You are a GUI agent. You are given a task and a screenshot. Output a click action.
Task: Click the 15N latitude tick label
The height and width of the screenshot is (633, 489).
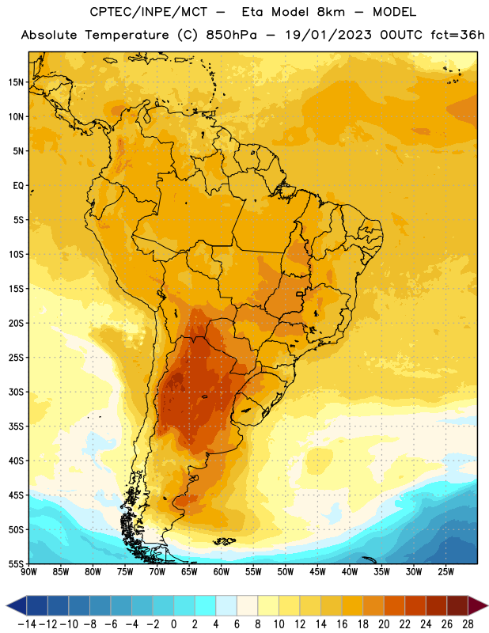pos(16,82)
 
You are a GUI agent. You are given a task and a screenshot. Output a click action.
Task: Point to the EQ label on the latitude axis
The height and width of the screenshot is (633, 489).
pos(18,186)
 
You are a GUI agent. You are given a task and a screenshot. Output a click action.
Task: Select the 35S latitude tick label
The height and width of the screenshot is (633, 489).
pos(16,426)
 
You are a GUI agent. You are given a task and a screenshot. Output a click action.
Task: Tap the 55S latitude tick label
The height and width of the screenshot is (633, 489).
pos(16,564)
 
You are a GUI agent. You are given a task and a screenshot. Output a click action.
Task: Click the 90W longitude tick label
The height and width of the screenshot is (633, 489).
pos(28,572)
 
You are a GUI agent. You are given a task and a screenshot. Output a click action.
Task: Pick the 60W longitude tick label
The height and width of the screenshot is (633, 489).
pos(222,572)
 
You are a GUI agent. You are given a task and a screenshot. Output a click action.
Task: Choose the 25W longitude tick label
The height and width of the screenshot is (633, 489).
pos(445,572)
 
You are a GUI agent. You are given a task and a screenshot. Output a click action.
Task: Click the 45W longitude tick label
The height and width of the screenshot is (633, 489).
pos(317,572)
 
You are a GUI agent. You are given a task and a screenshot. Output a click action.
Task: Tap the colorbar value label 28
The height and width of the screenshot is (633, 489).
pos(468,624)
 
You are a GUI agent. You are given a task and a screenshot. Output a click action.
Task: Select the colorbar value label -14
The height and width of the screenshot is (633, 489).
pos(27,624)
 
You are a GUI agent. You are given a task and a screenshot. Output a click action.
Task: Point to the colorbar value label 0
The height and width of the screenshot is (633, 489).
pos(173,624)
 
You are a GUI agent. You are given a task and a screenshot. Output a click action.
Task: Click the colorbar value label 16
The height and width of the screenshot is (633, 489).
pos(342,624)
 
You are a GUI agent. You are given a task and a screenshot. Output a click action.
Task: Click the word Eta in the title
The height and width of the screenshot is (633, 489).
pos(252,12)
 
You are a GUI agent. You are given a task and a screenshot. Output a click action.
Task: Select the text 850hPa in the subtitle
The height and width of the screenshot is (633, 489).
pos(231,35)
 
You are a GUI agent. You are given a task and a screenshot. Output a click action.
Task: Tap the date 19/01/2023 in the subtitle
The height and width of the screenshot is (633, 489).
pos(328,35)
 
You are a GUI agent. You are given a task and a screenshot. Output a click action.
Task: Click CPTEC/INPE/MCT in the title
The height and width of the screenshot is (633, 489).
pos(149,12)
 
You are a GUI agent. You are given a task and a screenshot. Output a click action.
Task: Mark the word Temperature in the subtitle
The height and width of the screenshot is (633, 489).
pos(127,36)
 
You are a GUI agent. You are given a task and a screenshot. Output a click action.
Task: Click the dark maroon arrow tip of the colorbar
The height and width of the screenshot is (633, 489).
pos(478,605)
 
